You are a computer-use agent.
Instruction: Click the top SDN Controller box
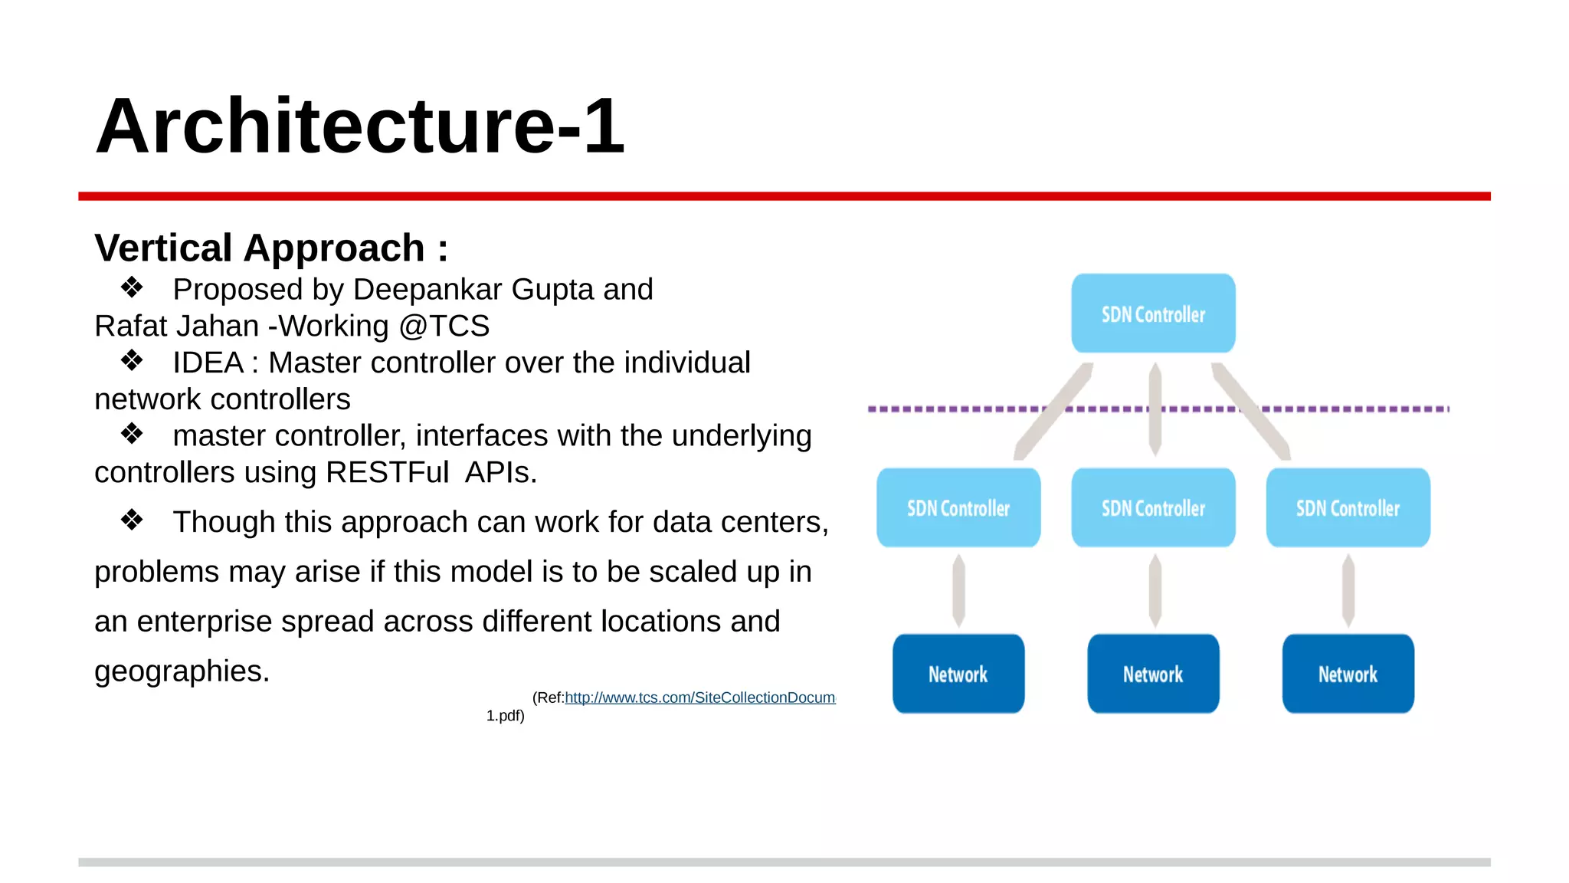[x=1153, y=313]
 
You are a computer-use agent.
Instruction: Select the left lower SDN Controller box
[x=958, y=507]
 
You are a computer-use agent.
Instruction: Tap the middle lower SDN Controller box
[x=1153, y=507]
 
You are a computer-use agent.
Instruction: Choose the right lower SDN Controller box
[x=1348, y=507]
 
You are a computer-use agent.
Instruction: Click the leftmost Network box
[x=958, y=674]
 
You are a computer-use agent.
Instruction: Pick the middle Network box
[x=1153, y=674]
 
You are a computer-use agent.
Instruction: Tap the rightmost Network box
[x=1348, y=674]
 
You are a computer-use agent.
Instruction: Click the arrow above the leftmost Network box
[x=958, y=590]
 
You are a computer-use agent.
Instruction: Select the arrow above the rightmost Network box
[x=1348, y=590]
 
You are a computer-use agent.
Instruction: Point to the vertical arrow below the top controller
[x=1155, y=409]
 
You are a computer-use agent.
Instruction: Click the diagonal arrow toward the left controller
[x=1053, y=412]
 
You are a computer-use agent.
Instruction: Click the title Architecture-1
[x=360, y=126]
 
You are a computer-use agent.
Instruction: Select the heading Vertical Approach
[x=270, y=248]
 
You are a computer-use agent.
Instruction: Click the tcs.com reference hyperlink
[x=699, y=698]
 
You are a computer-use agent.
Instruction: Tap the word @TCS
[x=444, y=327]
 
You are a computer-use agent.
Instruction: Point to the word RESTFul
[x=387, y=472]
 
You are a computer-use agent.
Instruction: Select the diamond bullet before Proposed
[x=132, y=287]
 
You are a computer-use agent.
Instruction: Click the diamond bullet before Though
[x=132, y=520]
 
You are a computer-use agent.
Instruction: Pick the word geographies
[x=182, y=671]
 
